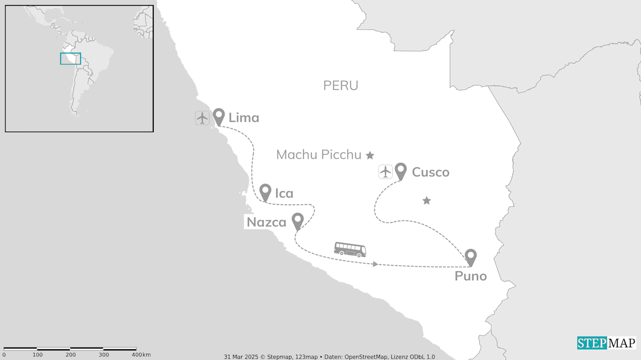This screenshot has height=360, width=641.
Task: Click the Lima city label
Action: point(244,118)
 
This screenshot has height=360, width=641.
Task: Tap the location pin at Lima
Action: point(218,116)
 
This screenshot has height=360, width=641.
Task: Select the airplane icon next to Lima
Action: point(202,118)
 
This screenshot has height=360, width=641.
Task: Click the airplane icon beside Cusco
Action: point(385,172)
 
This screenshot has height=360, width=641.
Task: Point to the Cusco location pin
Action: point(400,170)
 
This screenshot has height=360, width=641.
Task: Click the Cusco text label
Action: point(430,172)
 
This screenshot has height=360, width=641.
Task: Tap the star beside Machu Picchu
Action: point(370,155)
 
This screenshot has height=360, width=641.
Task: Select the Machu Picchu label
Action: point(318,155)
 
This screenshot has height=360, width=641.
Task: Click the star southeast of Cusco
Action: point(427,201)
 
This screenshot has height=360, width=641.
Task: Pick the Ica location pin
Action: point(265,191)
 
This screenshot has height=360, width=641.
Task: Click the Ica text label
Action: point(284,193)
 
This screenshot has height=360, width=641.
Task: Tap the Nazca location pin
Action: point(298,220)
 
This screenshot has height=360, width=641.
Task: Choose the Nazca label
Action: point(266,222)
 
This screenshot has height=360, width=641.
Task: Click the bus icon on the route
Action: point(350,249)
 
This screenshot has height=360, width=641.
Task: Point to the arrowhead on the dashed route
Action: point(375,264)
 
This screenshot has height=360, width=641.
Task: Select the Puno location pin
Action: point(470,256)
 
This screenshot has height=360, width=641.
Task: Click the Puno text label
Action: point(470,276)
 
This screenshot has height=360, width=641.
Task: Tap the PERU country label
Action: point(341,86)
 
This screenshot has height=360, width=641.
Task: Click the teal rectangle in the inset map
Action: point(71,59)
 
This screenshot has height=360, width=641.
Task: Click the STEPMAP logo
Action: point(606,343)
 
